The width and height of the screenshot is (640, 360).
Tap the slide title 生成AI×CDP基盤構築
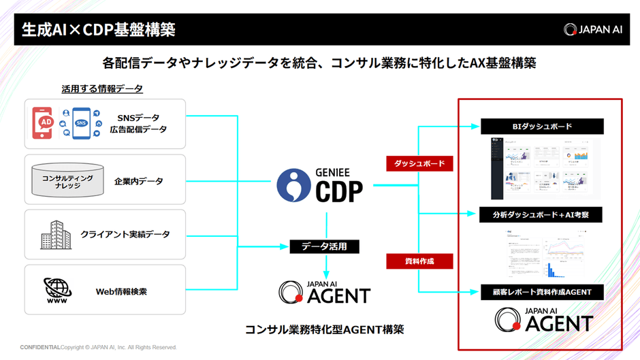pos(99,29)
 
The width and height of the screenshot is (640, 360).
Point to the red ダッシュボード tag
pos(419,164)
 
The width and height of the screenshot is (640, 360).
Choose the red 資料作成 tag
pos(419,261)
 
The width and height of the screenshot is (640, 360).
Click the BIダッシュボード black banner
pos(542,127)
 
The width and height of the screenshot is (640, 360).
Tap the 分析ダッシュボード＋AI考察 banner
pos(542,215)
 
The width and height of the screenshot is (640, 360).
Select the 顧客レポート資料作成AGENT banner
pos(542,292)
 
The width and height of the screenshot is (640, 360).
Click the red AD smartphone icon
pos(46,122)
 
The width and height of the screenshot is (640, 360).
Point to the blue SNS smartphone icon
pos(81,123)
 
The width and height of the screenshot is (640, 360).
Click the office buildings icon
pos(56,235)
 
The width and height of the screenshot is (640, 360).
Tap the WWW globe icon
pos(57,291)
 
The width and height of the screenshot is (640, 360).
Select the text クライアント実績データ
pos(125,235)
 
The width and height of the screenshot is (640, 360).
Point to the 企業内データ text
pos(138,182)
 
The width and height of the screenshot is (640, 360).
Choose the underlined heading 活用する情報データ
pos(102,88)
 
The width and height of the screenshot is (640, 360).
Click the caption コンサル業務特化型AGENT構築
pos(324,329)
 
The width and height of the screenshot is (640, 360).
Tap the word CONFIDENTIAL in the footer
pos(40,347)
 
